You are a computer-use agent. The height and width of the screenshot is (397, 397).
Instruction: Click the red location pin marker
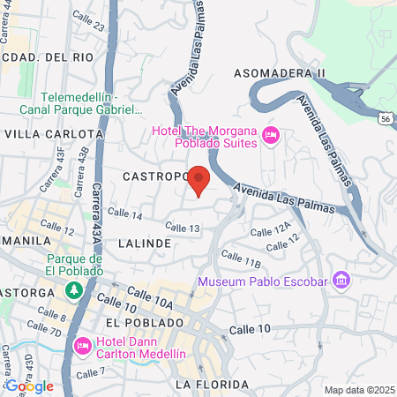pyautogui.click(x=199, y=180)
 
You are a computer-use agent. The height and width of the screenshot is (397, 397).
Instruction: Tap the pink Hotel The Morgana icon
pyautogui.click(x=271, y=136)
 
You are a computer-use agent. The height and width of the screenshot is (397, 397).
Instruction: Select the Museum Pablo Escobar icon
pyautogui.click(x=342, y=281)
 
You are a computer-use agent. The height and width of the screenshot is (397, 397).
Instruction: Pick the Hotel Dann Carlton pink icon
pyautogui.click(x=83, y=344)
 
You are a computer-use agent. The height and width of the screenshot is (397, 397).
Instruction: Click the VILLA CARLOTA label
pyautogui.click(x=55, y=133)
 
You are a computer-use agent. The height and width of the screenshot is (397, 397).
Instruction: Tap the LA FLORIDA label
pyautogui.click(x=207, y=385)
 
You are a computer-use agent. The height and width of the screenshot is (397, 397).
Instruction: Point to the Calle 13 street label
pyautogui.click(x=183, y=228)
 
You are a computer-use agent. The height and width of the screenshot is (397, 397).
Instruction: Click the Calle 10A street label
pyautogui.click(x=150, y=296)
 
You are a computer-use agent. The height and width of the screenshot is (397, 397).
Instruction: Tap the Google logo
pyautogui.click(x=29, y=386)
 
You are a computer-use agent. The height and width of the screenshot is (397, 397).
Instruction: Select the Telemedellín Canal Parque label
pyautogui.click(x=89, y=104)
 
